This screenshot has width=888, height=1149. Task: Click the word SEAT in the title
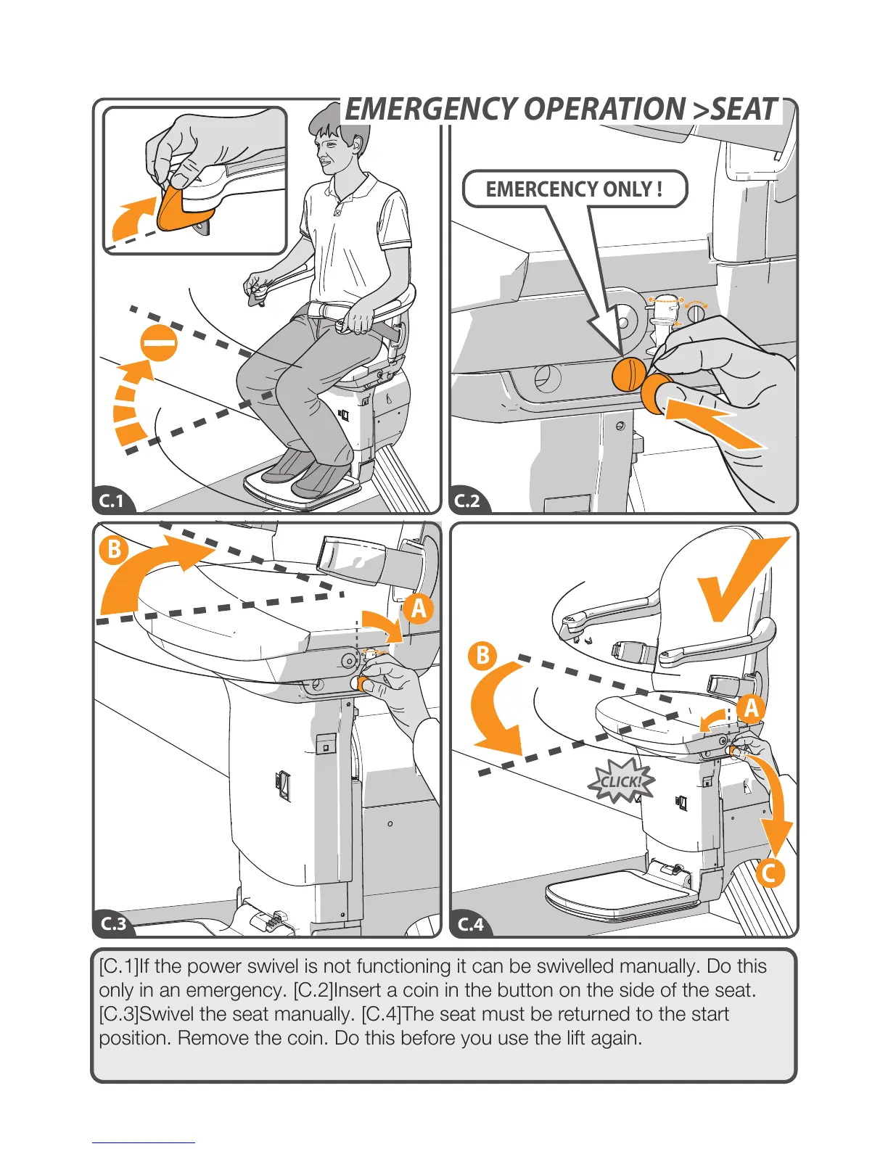(744, 110)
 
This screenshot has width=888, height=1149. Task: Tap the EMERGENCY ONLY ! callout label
(574, 189)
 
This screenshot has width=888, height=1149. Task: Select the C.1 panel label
(112, 501)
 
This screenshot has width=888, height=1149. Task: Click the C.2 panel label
(467, 501)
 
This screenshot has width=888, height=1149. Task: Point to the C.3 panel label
(113, 923)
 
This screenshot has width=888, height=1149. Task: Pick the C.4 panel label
(470, 923)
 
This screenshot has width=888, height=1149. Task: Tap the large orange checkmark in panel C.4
(740, 580)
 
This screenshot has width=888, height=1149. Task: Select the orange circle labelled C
(769, 872)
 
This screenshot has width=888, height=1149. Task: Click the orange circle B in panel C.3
(114, 549)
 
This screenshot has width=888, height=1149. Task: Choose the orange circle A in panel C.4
(752, 708)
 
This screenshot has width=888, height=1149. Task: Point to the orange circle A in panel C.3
(419, 609)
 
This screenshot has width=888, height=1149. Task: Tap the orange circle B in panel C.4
(482, 656)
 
